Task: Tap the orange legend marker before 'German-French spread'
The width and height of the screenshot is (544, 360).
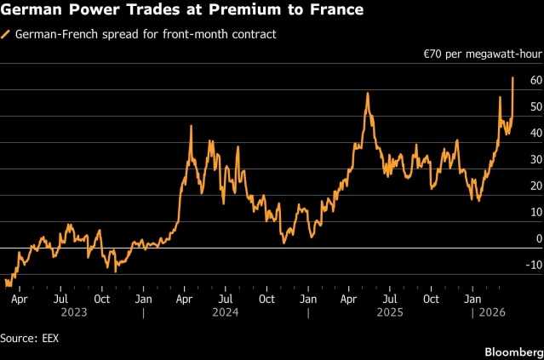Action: pos(7,35)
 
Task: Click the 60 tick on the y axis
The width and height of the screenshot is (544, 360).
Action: pos(535,81)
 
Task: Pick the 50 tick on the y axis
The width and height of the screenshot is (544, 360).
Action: pos(535,107)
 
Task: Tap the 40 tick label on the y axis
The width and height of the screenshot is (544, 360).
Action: pos(535,134)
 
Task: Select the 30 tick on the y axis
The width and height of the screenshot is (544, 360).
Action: pos(535,160)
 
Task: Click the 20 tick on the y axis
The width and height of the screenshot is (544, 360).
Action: pos(535,186)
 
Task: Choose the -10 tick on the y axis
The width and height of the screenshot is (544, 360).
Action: pos(533,266)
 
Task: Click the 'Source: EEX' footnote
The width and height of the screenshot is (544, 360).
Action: pos(30,338)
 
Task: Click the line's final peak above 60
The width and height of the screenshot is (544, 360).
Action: pos(513,78)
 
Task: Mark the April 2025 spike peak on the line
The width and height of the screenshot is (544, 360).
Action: pos(367,94)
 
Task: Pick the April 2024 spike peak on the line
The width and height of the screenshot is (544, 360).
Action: pos(191,126)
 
